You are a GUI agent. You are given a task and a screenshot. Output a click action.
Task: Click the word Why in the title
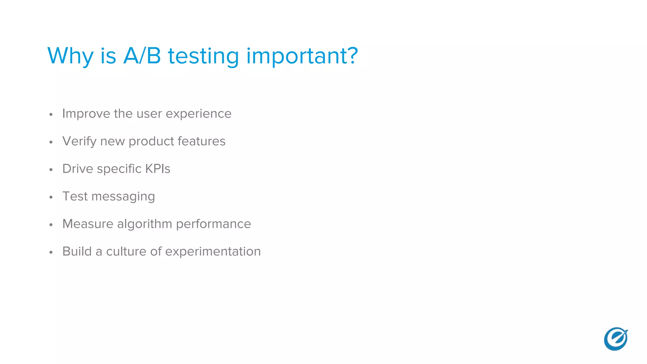click(x=70, y=56)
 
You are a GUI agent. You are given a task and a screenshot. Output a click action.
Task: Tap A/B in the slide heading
click(x=142, y=56)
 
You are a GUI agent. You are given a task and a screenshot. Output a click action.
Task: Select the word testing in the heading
click(x=203, y=56)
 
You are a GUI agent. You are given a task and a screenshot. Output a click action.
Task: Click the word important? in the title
click(x=302, y=56)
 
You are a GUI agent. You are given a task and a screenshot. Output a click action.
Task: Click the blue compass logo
click(x=616, y=339)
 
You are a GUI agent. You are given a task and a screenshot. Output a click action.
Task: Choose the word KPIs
click(x=157, y=169)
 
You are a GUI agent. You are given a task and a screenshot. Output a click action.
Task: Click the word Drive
click(x=77, y=169)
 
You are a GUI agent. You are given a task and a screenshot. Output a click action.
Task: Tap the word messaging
click(x=123, y=197)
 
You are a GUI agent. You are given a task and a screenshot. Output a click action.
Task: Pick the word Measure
click(x=88, y=224)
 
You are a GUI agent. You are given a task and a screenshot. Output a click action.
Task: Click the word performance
click(x=213, y=224)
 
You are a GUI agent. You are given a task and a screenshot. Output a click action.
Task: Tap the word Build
click(x=77, y=252)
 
